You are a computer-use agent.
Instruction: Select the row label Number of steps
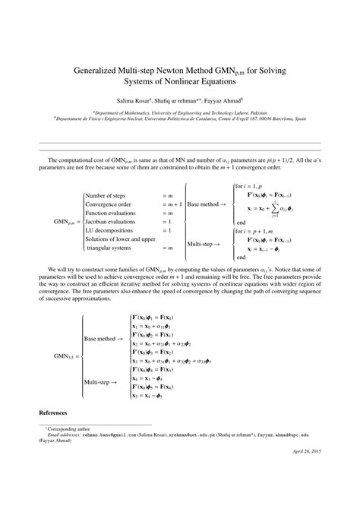point(106,195)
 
